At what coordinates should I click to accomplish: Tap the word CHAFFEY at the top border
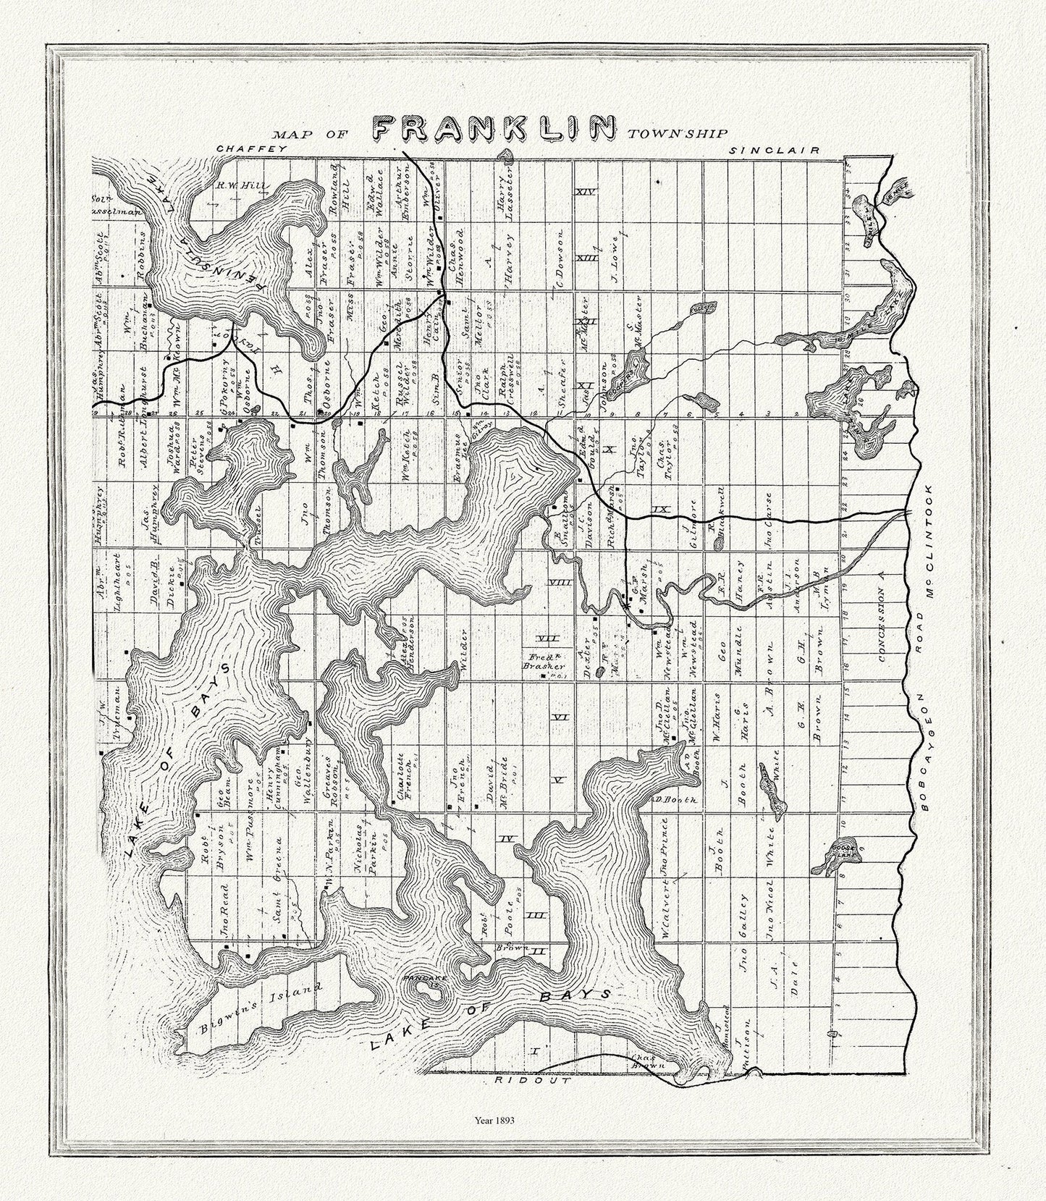pyautogui.click(x=253, y=148)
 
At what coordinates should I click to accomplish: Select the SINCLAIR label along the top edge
pyautogui.click(x=774, y=151)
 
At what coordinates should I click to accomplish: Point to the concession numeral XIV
pyautogui.click(x=584, y=192)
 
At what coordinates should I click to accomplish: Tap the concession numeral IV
pyautogui.click(x=507, y=838)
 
